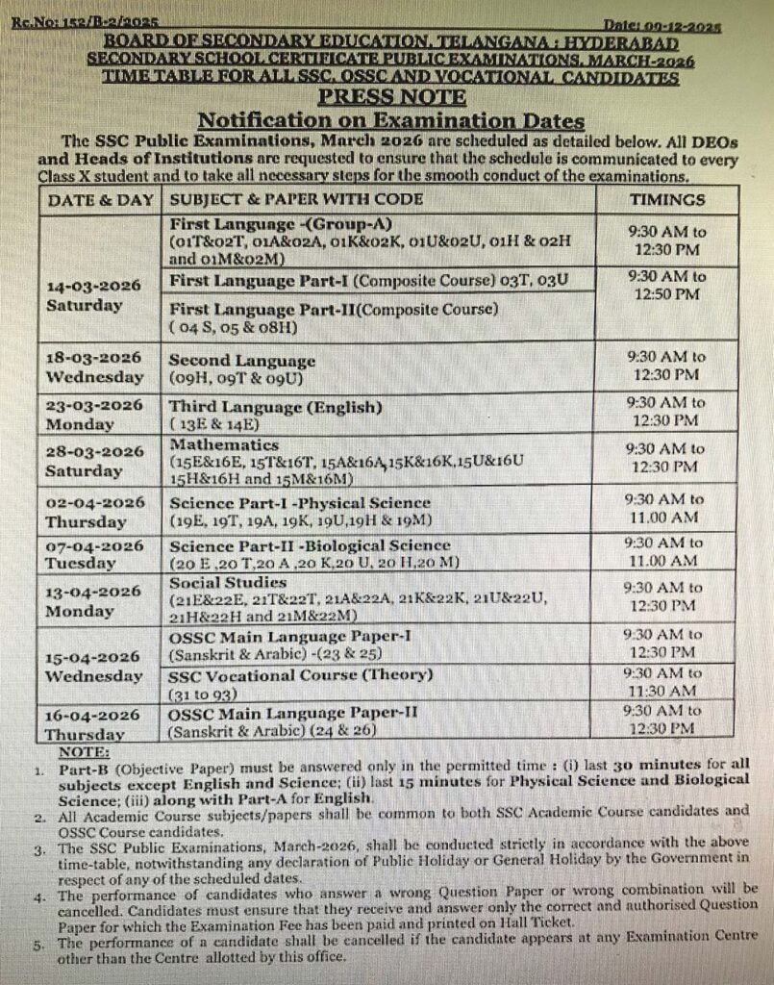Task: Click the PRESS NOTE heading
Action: [x=391, y=97]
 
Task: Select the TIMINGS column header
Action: [x=666, y=200]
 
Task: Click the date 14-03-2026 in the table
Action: [x=94, y=287]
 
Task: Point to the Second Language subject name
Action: [x=242, y=361]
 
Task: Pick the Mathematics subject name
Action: [x=224, y=445]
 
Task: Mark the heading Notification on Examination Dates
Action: [x=390, y=120]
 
